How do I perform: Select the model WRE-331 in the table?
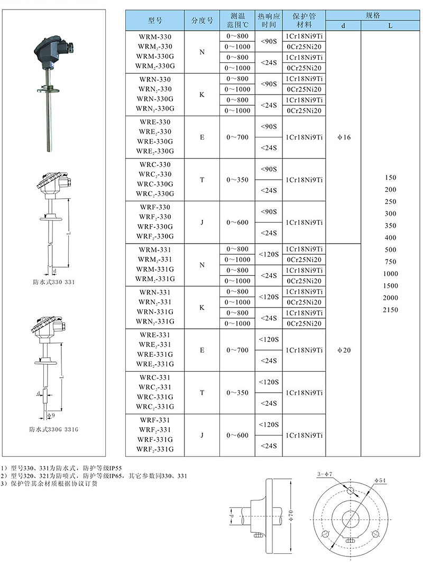pyautogui.click(x=155, y=335)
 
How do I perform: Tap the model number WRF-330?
pyautogui.click(x=155, y=207)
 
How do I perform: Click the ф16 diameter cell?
pyautogui.click(x=344, y=137)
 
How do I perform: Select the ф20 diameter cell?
pyautogui.click(x=344, y=350)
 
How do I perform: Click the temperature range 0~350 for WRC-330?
pyautogui.click(x=237, y=180)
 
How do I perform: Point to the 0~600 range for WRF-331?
pyautogui.click(x=237, y=436)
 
